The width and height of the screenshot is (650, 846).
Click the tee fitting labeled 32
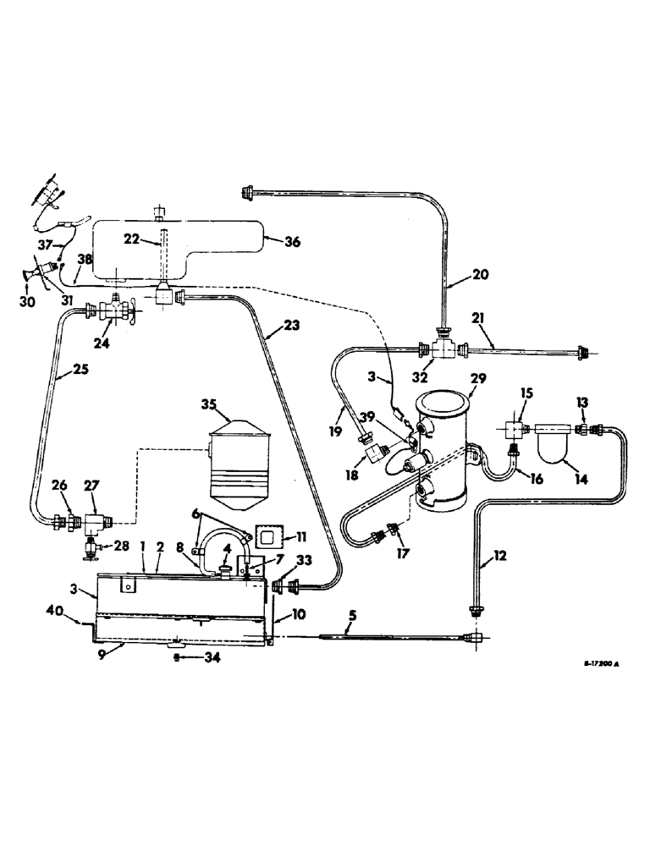tap(441, 347)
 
